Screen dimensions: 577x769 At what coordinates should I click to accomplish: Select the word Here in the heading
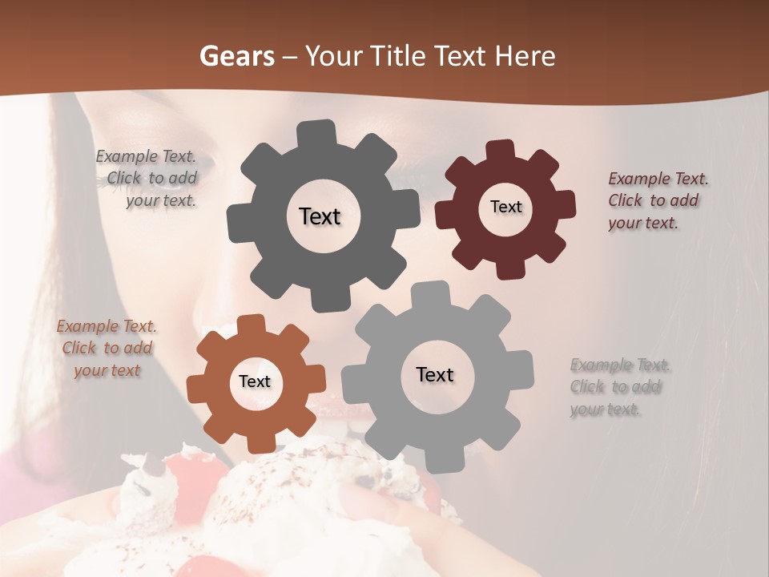click(525, 56)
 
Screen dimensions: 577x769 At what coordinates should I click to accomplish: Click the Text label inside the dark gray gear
click(320, 216)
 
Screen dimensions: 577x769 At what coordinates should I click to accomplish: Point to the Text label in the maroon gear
click(505, 207)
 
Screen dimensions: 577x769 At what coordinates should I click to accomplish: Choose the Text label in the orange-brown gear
click(255, 381)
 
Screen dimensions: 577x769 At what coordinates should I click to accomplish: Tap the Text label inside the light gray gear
click(435, 374)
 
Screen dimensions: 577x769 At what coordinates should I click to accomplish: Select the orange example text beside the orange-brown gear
click(107, 348)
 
